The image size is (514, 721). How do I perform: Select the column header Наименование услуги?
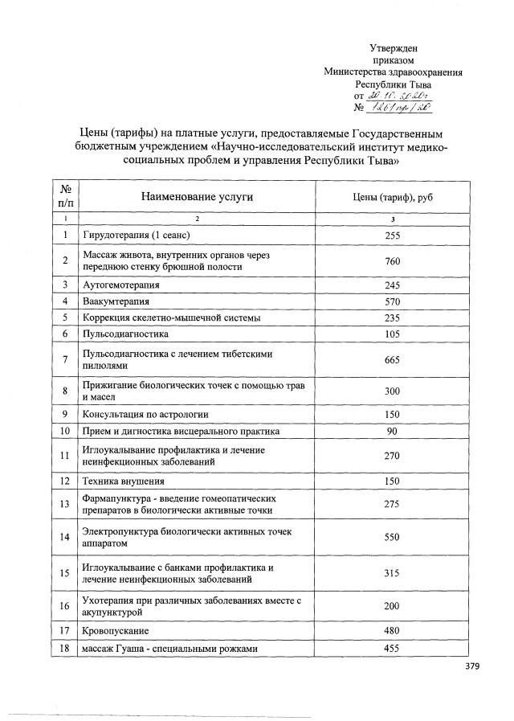197,197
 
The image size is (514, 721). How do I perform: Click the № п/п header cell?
63,197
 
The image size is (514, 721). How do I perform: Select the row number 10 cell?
63,431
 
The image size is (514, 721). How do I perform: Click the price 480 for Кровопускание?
392,631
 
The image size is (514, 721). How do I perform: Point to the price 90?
392,431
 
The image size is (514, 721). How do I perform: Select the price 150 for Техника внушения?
392,481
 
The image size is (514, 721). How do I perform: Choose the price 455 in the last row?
392,648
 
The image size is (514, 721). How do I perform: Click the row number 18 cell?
63,648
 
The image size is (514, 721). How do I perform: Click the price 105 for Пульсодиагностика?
392,333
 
